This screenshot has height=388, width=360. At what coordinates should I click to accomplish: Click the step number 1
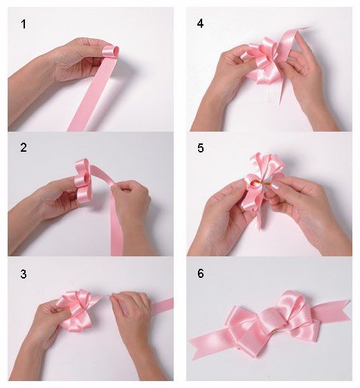[24, 24]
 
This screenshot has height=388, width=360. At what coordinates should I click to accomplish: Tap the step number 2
[24, 148]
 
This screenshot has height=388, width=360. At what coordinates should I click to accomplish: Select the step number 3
[24, 274]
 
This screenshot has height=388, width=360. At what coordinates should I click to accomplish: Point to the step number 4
[200, 24]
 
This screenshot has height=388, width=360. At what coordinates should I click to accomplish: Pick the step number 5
[201, 148]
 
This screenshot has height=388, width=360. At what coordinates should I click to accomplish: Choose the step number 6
[201, 273]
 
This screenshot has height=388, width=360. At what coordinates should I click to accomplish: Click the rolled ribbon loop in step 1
[111, 52]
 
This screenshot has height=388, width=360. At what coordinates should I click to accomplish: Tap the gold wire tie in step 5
[261, 184]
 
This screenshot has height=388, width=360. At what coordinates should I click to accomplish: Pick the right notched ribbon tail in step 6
[332, 312]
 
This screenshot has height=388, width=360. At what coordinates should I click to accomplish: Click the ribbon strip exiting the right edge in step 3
[162, 306]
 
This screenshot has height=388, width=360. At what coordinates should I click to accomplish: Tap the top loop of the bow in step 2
[82, 166]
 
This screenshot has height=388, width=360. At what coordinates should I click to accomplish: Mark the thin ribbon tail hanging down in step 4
[281, 91]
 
